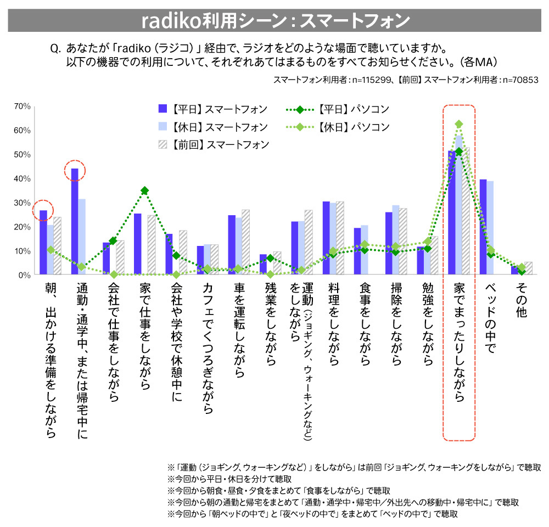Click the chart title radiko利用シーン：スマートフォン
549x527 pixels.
pos(275,20)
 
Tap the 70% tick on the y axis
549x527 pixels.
pos(21,106)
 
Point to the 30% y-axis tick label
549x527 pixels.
pos(21,203)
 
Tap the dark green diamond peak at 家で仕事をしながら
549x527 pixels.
pos(144,190)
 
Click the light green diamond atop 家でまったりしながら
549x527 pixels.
pos(459,124)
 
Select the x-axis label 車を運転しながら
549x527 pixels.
pos(238,329)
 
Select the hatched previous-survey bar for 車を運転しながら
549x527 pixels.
pos(245,242)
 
